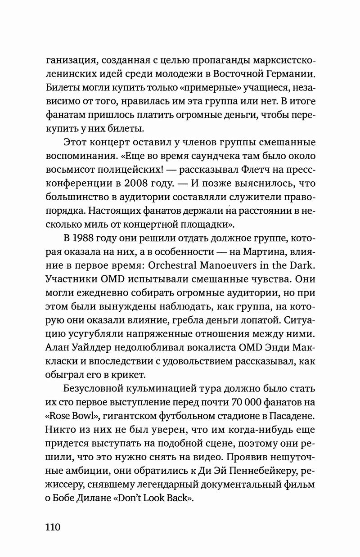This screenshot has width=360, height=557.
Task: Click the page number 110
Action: coord(53,527)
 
